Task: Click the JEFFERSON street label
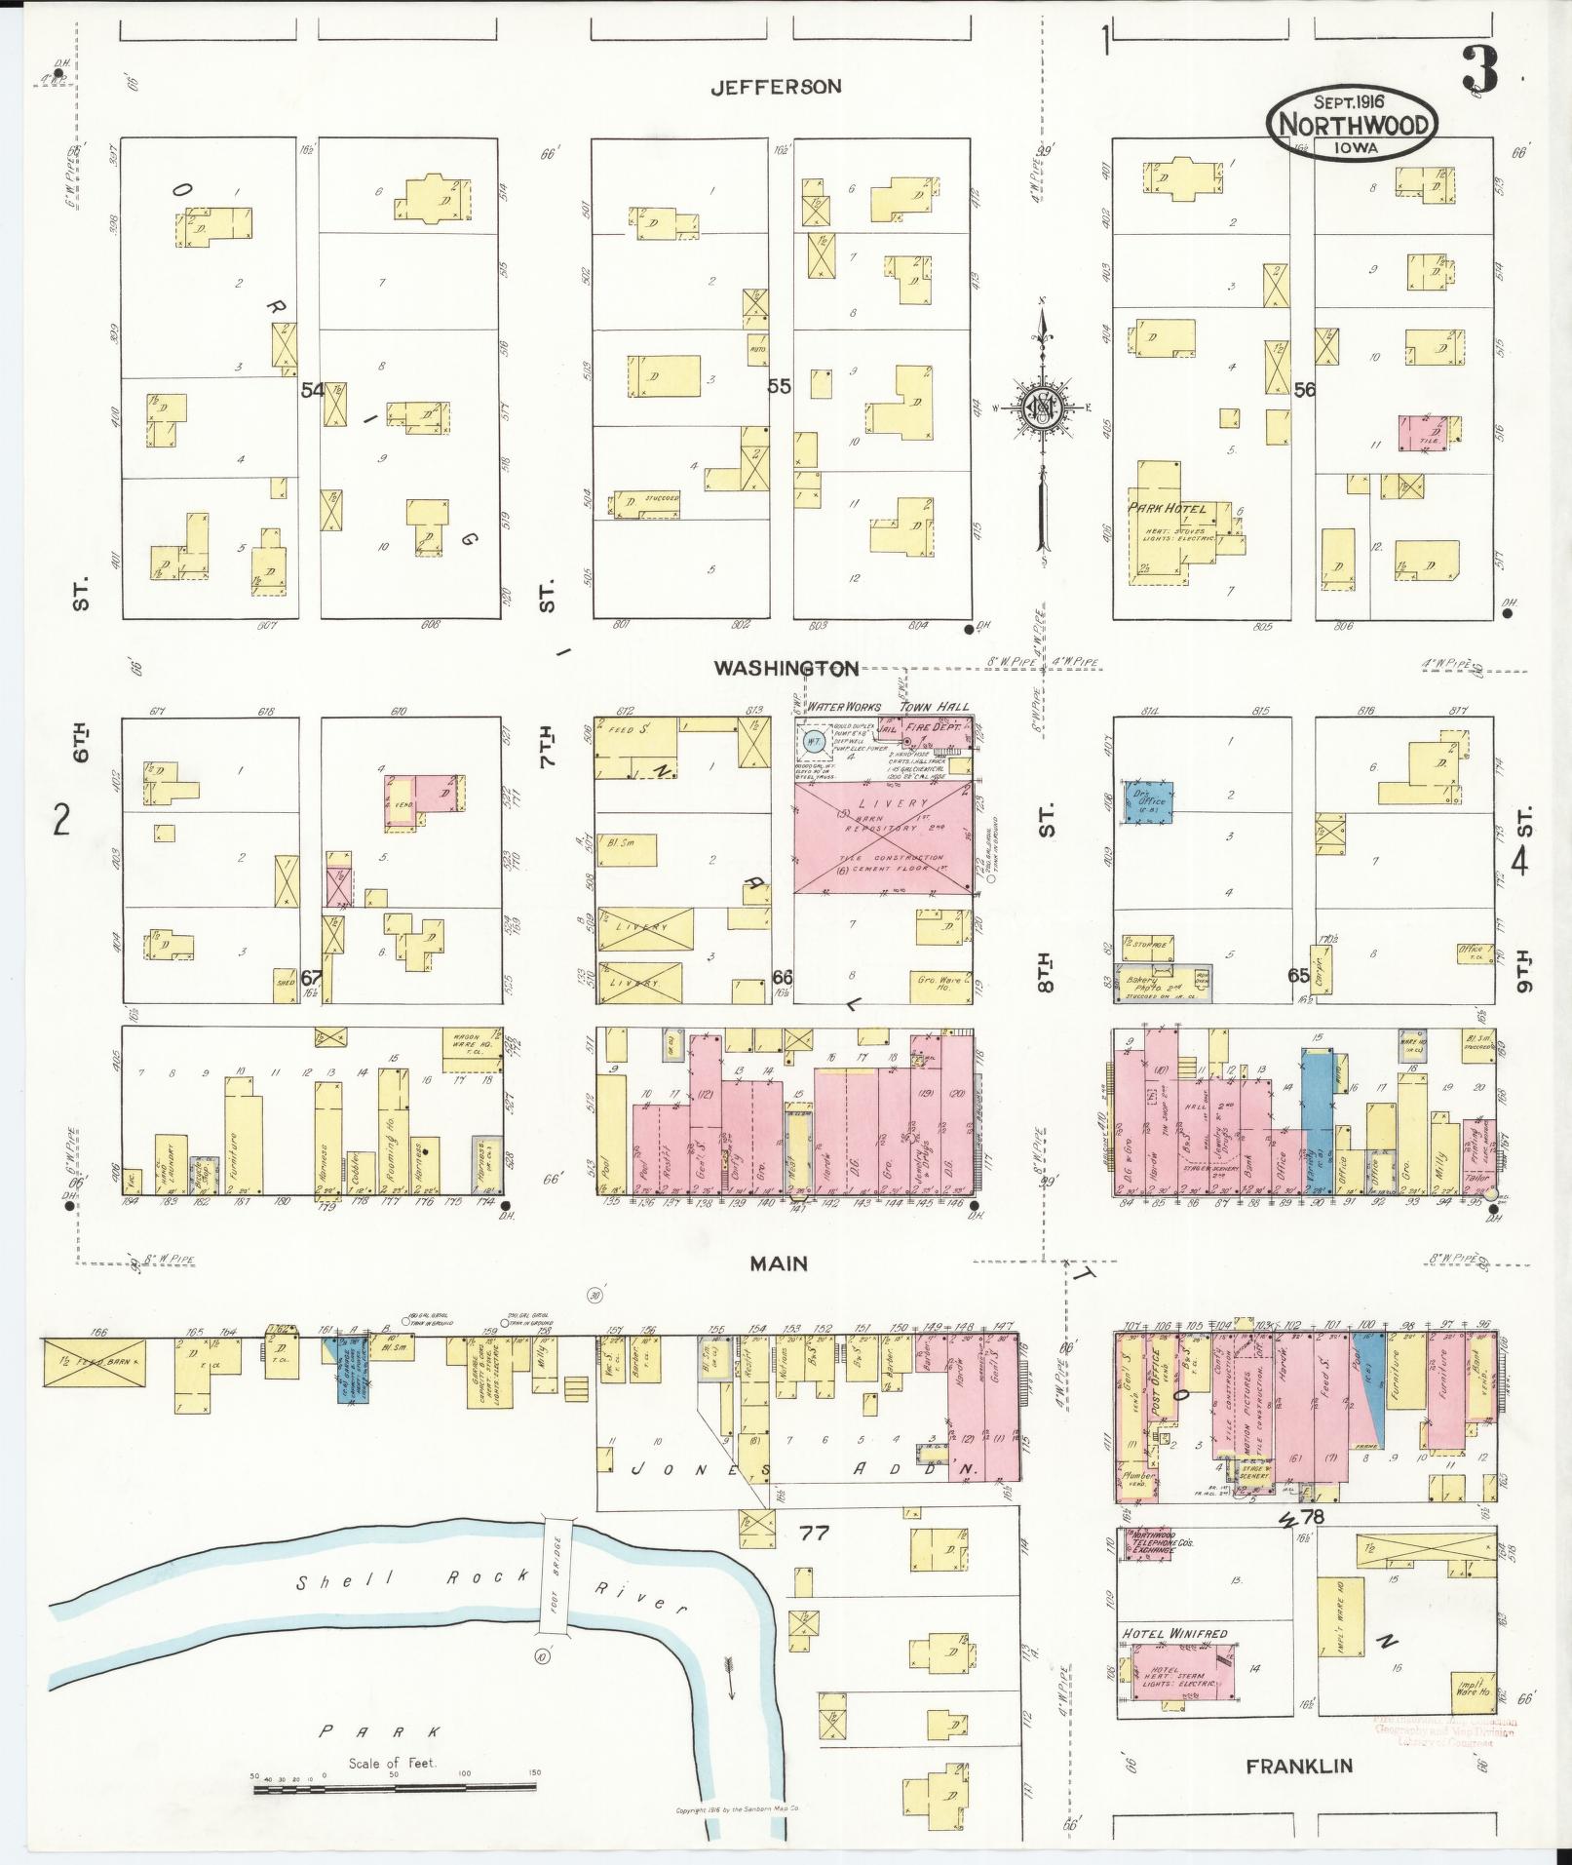pos(775,87)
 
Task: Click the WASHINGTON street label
pos(786,668)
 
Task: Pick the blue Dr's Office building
pos(1147,801)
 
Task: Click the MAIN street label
pos(779,1263)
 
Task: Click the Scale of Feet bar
pos(394,1788)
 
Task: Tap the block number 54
pos(312,390)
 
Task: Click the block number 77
pos(814,1534)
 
